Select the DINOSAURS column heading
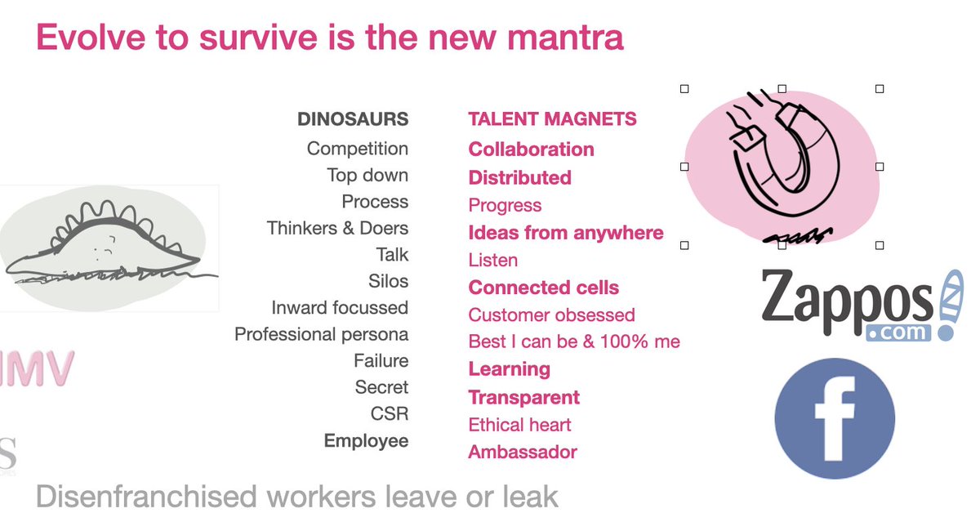tap(353, 119)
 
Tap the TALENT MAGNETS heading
tap(552, 119)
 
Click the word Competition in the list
tap(358, 149)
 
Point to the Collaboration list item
tap(531, 149)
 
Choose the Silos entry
tap(388, 281)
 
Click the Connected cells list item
tap(543, 288)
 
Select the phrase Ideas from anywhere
tap(565, 233)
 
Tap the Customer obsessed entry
tap(551, 315)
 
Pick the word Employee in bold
tap(366, 441)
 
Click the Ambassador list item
tap(523, 452)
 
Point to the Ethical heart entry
tap(519, 425)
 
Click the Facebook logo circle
tap(834, 417)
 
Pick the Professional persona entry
tap(321, 334)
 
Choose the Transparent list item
tap(523, 398)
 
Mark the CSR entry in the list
tap(390, 413)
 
